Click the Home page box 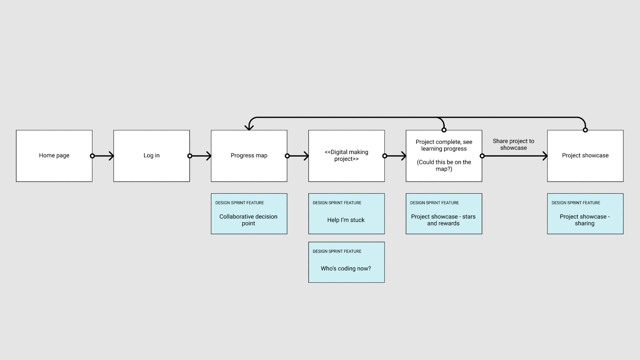54,156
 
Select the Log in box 151,156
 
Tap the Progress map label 249,156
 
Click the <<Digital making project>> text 346,156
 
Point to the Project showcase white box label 585,156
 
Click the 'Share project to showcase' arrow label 513,145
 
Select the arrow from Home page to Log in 103,156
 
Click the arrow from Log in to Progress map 201,156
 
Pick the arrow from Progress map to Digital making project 298,156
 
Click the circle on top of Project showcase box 585,130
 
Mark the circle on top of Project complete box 444,130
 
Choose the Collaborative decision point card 249,214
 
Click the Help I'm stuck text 346,220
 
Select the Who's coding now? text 346,269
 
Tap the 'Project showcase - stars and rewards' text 443,220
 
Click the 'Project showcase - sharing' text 585,220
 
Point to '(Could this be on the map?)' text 444,166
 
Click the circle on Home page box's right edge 92,156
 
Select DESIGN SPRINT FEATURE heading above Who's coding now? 337,251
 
